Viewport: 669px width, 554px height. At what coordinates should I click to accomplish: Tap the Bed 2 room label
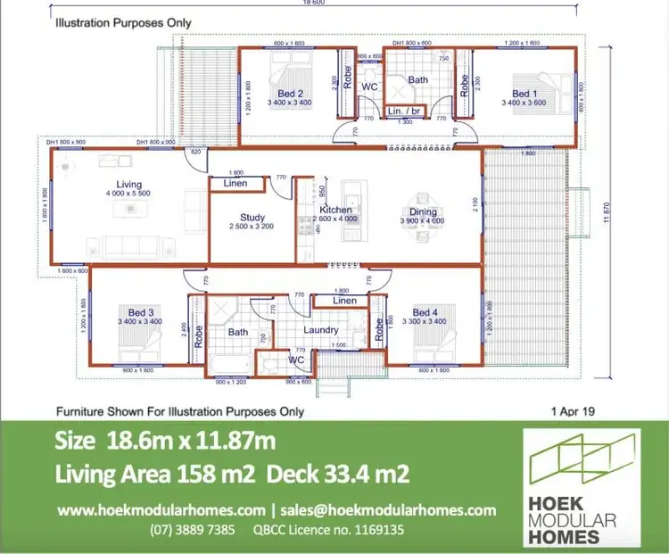point(289,93)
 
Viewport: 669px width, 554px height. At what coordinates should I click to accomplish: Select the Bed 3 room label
point(141,312)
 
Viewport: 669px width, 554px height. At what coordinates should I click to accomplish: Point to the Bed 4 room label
point(425,312)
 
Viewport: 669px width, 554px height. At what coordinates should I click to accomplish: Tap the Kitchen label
point(336,210)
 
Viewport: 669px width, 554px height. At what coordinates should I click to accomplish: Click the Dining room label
point(416,212)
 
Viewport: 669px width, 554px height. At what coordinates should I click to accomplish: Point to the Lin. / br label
point(405,111)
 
